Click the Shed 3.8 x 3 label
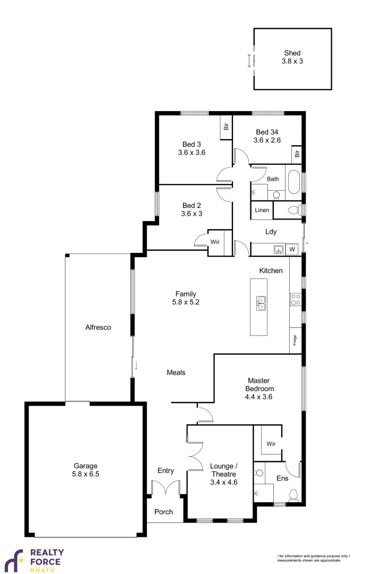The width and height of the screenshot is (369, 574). [292, 57]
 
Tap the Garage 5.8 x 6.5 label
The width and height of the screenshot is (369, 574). [85, 470]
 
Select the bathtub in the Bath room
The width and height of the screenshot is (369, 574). [293, 181]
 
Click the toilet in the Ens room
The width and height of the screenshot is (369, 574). [293, 496]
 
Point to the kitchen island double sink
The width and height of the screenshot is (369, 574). [261, 303]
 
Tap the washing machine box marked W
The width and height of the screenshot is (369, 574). [292, 249]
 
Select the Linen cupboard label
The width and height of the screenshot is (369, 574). [262, 210]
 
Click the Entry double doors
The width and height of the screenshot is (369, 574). [166, 488]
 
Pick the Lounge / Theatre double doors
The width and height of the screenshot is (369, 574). [195, 456]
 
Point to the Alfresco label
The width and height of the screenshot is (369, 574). [98, 327]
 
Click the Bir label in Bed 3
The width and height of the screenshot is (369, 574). [226, 126]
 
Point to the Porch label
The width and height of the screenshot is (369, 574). [164, 512]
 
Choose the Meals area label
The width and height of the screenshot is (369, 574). [176, 373]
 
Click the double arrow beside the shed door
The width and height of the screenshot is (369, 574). [249, 60]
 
